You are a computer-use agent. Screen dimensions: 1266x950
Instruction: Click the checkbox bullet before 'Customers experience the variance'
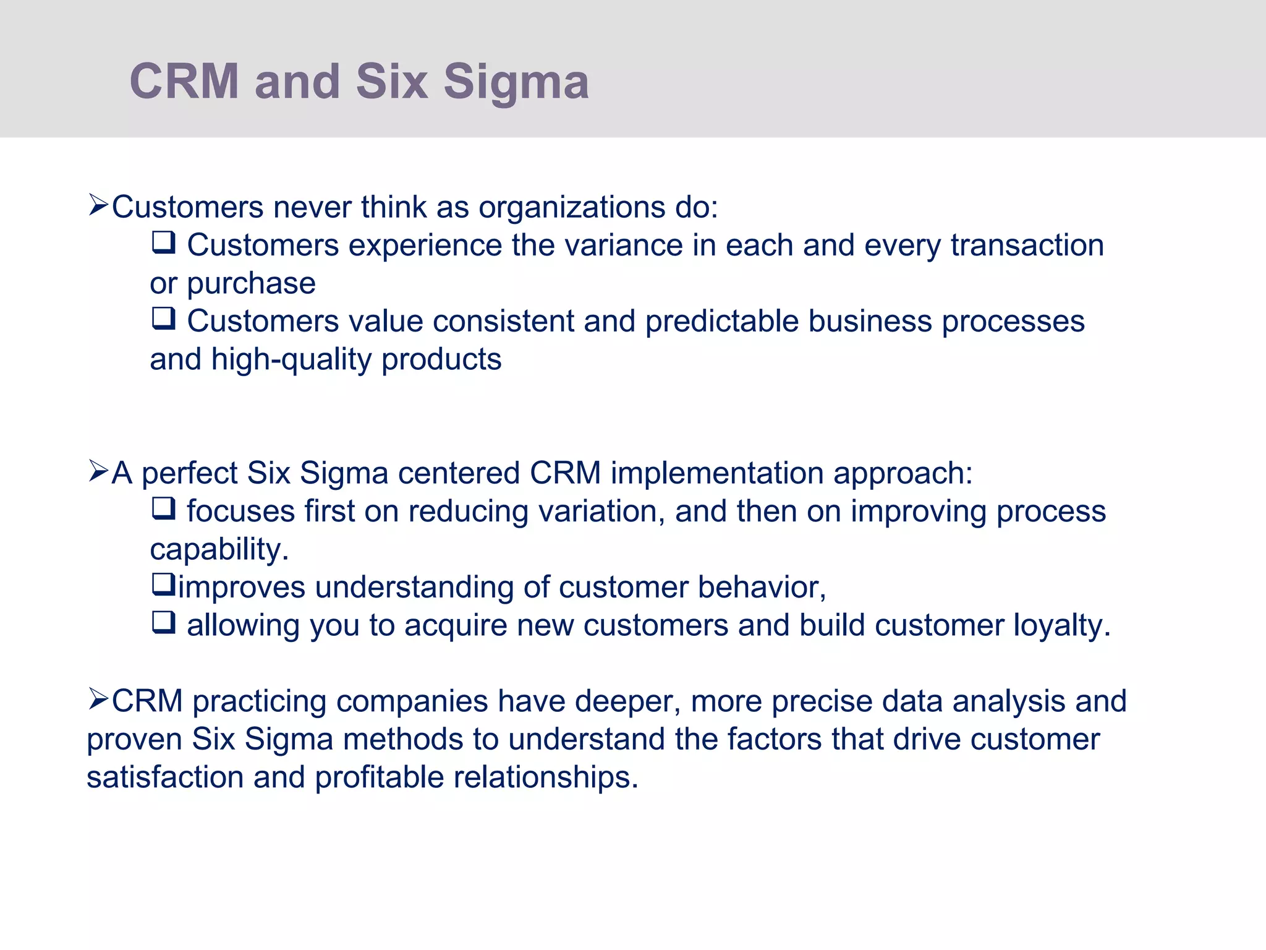(164, 242)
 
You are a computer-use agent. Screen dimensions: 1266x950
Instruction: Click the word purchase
(251, 283)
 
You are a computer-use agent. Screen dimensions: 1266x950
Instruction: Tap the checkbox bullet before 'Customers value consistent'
(164, 319)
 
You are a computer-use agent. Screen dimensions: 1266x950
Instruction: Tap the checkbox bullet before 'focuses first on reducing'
(164, 508)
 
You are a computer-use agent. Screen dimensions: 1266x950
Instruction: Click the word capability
(218, 549)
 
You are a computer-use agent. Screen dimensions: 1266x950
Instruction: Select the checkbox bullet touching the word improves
(164, 584)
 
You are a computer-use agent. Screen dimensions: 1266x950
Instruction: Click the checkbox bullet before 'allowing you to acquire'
(164, 622)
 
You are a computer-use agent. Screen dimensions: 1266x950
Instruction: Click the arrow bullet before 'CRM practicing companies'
(98, 699)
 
